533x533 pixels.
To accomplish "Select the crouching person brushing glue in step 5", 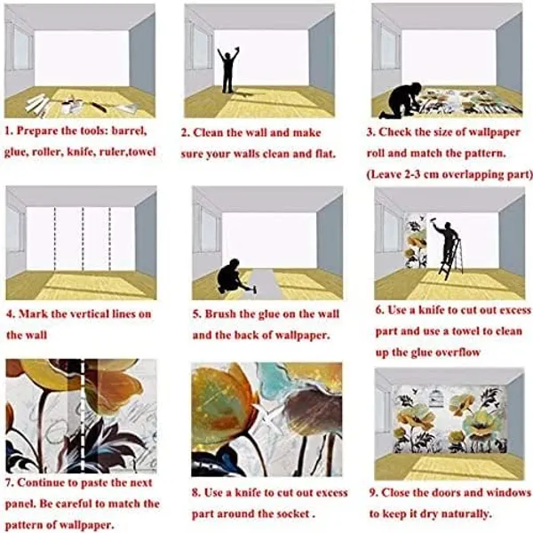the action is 231,277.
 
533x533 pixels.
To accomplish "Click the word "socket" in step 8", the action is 292,513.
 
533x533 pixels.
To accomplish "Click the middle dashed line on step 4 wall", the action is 83,239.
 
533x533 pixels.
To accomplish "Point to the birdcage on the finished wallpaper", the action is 434,399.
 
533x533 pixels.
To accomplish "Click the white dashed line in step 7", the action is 83,416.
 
